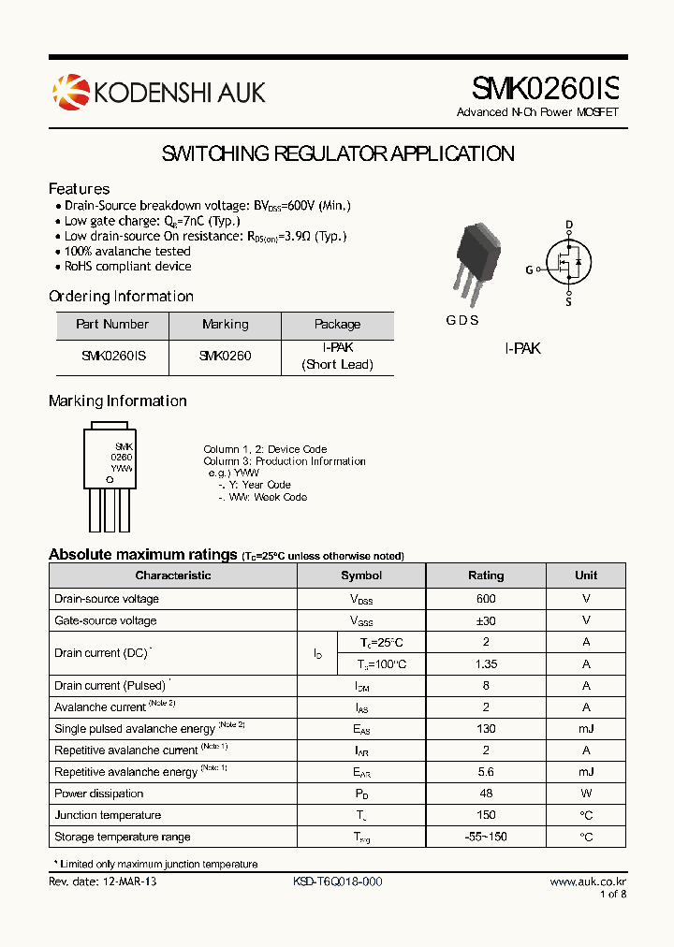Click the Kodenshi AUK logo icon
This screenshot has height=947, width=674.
pos(69,92)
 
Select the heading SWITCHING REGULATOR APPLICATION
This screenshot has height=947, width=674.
pos(338,154)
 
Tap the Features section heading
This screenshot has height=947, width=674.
pos(80,189)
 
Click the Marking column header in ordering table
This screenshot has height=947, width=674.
pos(226,325)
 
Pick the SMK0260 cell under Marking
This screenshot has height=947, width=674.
pos(226,357)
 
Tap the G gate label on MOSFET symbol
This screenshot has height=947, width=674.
pos(529,270)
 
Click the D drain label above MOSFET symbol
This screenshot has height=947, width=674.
pos(568,225)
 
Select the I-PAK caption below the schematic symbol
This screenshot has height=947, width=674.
pos(522,348)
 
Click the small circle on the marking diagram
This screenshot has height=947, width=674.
pos(110,480)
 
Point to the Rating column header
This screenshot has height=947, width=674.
pos(486,575)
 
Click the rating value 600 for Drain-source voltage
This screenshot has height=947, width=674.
pos(486,599)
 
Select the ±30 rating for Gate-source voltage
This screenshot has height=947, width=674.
pos(486,620)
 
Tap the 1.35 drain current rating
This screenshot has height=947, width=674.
pos(486,664)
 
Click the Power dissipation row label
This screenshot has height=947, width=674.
pos(99,794)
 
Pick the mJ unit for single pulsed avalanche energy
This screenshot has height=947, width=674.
pos(586,729)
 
